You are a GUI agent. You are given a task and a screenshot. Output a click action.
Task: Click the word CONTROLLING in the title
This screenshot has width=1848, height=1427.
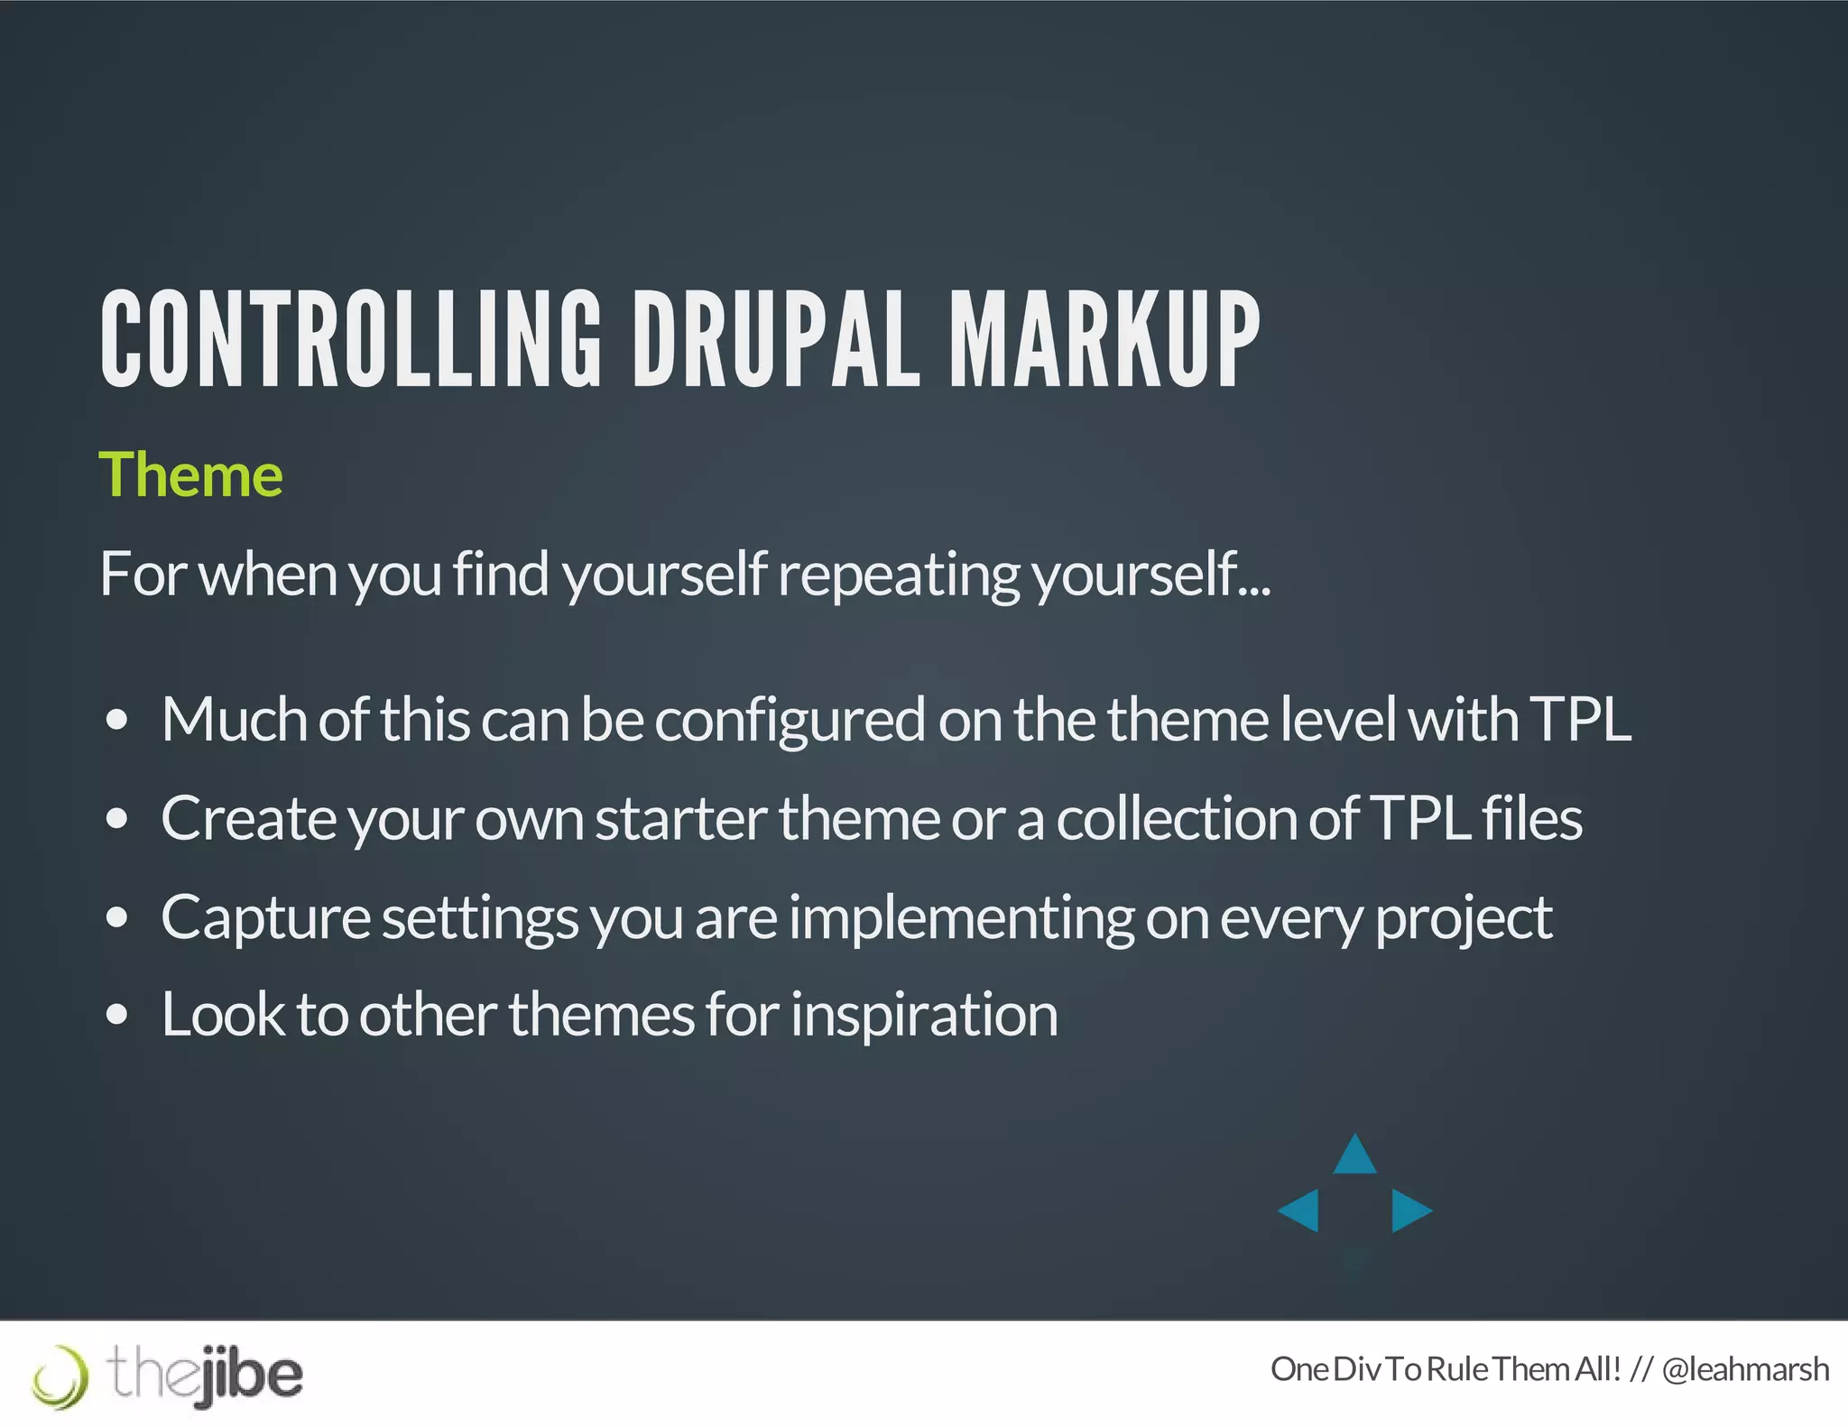[x=350, y=340]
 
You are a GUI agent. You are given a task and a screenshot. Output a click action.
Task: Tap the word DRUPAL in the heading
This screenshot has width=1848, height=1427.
[x=775, y=340]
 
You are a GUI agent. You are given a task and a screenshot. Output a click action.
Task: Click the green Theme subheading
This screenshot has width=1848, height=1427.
[x=190, y=474]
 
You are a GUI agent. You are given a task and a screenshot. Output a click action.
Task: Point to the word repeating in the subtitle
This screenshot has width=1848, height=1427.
[x=899, y=575]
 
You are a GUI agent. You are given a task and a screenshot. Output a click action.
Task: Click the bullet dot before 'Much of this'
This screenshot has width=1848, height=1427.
[x=116, y=721]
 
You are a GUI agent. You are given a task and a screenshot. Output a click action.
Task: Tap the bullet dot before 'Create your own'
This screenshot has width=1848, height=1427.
[x=116, y=819]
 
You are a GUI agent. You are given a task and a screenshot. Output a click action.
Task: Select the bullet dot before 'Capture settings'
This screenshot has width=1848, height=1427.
[x=116, y=917]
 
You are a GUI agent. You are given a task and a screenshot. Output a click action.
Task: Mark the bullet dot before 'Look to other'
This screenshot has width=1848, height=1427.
[x=116, y=1015]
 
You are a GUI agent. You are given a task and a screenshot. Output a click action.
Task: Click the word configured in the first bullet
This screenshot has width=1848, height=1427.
[x=790, y=721]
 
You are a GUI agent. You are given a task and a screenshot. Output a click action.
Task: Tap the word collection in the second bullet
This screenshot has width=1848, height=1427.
[x=1177, y=819]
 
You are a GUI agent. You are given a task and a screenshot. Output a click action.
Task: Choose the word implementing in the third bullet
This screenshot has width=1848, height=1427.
[x=961, y=918]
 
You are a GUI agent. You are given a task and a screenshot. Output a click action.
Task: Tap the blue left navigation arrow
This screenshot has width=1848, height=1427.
[x=1300, y=1210]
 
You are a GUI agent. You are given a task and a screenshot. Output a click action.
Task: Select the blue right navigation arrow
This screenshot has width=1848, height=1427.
[x=1409, y=1210]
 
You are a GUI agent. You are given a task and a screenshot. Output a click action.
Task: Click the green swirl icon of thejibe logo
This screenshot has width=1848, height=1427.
[x=60, y=1376]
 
